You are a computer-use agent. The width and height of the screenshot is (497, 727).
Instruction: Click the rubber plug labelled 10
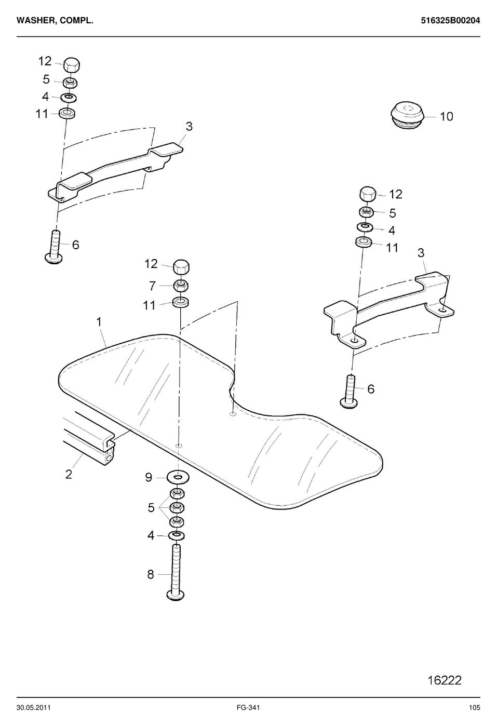[x=407, y=115]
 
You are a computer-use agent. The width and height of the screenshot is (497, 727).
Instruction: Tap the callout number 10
[x=446, y=116]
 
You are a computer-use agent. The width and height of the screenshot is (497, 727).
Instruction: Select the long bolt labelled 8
[x=176, y=572]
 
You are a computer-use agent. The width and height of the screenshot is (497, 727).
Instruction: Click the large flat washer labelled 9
[x=178, y=478]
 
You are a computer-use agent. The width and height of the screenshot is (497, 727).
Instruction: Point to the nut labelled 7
[x=181, y=286]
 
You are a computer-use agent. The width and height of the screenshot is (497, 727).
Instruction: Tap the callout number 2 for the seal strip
[x=69, y=475]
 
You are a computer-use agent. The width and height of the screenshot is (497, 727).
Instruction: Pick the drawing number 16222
[x=444, y=680]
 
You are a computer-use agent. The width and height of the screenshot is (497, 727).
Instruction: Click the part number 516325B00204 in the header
[x=450, y=21]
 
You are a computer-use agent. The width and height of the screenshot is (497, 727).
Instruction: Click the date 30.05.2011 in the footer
[x=33, y=708]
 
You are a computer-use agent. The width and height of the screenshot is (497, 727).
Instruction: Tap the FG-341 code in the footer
[x=248, y=708]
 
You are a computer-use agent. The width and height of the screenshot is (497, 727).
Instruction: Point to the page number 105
[x=474, y=708]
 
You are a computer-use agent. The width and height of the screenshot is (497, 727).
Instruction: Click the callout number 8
[x=150, y=574]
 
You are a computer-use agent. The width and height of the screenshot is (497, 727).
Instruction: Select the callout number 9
[x=149, y=477]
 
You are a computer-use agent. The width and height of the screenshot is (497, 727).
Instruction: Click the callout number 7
[x=152, y=286]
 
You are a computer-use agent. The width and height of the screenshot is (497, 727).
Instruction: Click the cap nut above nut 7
[x=181, y=267]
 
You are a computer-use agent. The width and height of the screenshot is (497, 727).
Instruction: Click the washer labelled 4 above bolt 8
[x=176, y=535]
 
